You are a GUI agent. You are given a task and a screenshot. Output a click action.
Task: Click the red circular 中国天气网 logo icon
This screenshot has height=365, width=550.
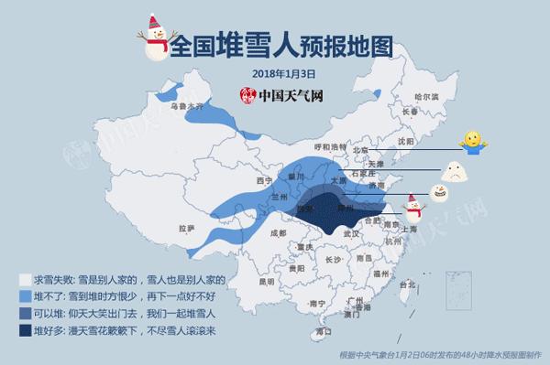coord(247,94)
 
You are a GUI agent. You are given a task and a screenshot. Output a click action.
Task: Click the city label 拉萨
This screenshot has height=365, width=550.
coord(186,228)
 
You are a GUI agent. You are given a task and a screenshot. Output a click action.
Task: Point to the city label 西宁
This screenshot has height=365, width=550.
coord(240,180)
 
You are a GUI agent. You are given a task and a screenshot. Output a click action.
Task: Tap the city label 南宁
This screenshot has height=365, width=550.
coord(317,302)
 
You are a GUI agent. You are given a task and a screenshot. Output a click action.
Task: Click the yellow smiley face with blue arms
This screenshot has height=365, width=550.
coord(473,141)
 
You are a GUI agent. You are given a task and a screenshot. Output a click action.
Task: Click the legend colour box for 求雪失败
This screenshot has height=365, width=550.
coord(25,279)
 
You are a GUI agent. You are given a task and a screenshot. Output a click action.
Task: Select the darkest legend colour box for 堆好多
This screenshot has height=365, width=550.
coord(25,331)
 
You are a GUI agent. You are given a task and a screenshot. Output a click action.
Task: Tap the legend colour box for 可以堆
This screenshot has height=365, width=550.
coord(25,314)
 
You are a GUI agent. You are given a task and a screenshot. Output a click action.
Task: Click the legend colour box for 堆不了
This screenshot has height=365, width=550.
coord(25,296)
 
